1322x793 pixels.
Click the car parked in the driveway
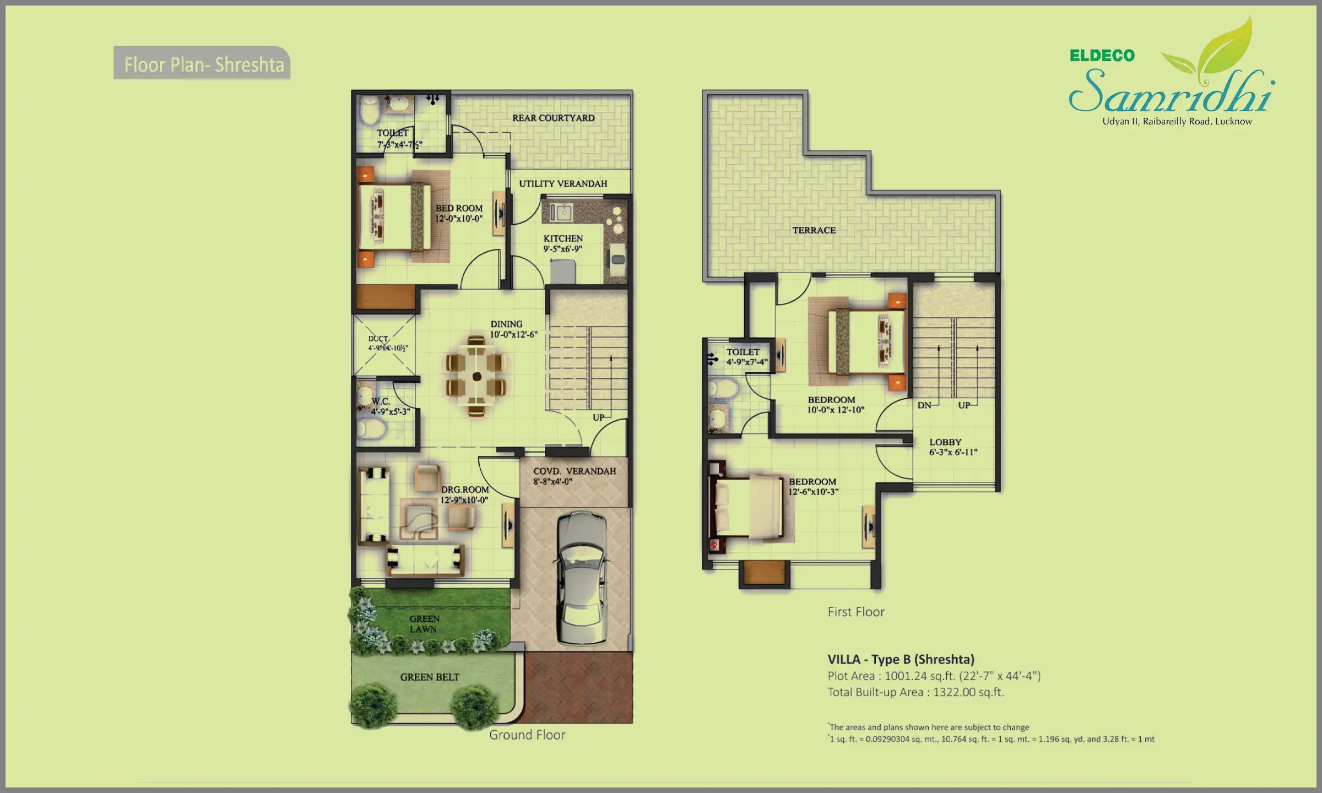point(582,578)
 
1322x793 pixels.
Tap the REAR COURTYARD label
point(553,118)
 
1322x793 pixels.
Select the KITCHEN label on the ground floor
point(563,238)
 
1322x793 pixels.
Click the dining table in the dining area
point(476,377)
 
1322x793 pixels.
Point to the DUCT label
point(378,339)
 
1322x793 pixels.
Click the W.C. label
point(381,401)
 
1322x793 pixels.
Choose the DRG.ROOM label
point(465,490)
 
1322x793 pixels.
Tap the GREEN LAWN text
point(424,624)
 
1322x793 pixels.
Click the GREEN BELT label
point(430,677)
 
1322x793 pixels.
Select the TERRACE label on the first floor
point(814,230)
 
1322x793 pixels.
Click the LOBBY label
point(945,442)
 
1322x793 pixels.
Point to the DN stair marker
point(924,405)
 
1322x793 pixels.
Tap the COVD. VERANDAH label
point(575,471)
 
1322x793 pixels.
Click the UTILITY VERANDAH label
point(563,184)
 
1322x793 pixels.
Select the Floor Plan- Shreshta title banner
point(203,64)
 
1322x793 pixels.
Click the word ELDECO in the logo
point(1102,56)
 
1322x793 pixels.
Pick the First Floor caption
point(855,612)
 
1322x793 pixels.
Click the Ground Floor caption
point(527,735)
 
